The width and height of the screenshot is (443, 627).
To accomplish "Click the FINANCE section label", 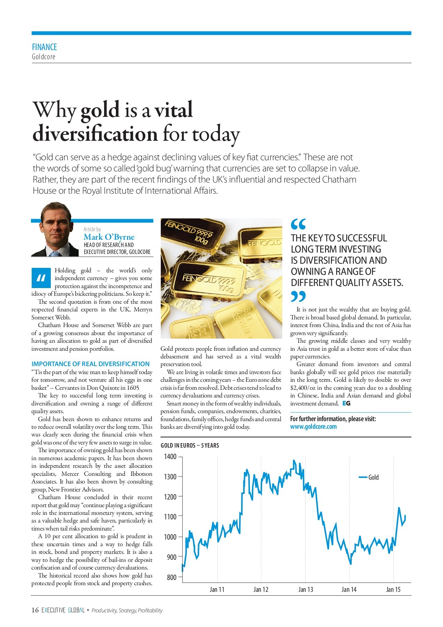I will pyautogui.click(x=44, y=47).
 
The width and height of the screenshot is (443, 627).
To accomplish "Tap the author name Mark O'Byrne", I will pyautogui.click(x=109, y=237).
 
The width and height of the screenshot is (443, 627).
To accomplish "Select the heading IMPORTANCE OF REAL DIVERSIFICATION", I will pyautogui.click(x=90, y=364).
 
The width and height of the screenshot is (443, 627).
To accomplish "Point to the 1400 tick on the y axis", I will pyautogui.click(x=171, y=457).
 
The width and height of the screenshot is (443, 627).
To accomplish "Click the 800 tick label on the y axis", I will pyautogui.click(x=172, y=577).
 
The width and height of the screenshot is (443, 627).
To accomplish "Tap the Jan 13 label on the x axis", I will pyautogui.click(x=306, y=589).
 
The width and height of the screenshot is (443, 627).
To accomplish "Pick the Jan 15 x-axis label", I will pyautogui.click(x=393, y=589).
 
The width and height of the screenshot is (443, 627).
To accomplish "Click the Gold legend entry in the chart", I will pyautogui.click(x=373, y=477).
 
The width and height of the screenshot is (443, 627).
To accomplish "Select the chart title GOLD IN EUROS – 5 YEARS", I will pyautogui.click(x=190, y=445).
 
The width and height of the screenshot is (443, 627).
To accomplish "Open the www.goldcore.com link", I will pyautogui.click(x=313, y=427).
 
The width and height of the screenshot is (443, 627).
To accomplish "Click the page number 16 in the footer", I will pyautogui.click(x=35, y=610).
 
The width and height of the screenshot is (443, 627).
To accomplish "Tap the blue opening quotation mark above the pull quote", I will pyautogui.click(x=298, y=224).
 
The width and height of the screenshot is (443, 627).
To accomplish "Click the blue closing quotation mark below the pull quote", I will pyautogui.click(x=298, y=296).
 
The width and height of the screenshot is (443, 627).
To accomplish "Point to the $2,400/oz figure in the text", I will pyautogui.click(x=303, y=388).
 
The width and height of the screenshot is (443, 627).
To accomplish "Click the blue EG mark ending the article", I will pyautogui.click(x=346, y=403).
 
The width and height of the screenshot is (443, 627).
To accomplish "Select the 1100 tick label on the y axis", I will pyautogui.click(x=171, y=517).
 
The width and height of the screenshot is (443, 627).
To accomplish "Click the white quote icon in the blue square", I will pyautogui.click(x=41, y=278).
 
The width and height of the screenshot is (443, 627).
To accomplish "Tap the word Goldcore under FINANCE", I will pyautogui.click(x=43, y=56).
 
